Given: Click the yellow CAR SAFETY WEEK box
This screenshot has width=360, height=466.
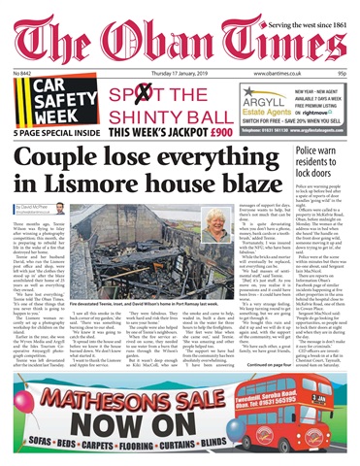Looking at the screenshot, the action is tap(42, 101).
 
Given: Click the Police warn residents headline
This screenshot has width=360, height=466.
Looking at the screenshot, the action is tap(324, 166).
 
